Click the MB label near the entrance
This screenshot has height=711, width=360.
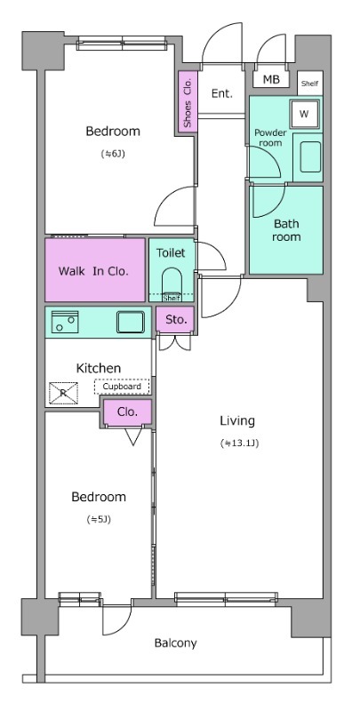(x=271, y=80)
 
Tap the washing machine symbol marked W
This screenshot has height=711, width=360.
(x=304, y=114)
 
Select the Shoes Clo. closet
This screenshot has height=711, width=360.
(x=188, y=101)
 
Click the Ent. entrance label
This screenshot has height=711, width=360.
(x=222, y=94)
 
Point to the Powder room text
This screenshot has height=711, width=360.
(x=270, y=138)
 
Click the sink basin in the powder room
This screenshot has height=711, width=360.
(x=310, y=157)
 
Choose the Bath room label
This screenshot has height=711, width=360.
(x=286, y=230)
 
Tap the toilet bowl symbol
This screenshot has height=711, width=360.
(x=172, y=284)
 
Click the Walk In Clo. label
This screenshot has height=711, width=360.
(x=94, y=271)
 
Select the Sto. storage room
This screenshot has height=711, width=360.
(x=176, y=319)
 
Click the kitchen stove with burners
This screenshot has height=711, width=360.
(x=65, y=322)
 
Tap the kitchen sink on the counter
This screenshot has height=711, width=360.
(x=131, y=322)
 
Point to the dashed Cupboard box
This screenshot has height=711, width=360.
(x=122, y=387)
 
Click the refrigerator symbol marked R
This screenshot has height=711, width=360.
(x=63, y=393)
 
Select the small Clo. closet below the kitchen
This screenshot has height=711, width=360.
(x=127, y=412)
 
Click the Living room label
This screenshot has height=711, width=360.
(x=237, y=420)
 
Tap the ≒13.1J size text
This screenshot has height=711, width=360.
(x=239, y=443)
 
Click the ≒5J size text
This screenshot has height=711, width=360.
(x=99, y=520)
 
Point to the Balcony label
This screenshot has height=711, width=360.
(x=175, y=643)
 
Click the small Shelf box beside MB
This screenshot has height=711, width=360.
(x=310, y=84)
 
